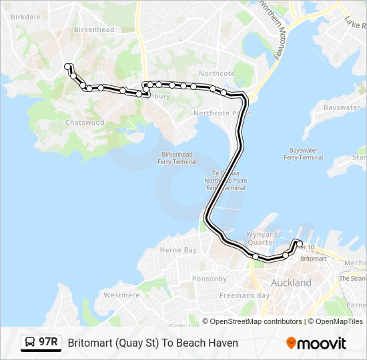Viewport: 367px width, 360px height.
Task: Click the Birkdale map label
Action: [26, 17]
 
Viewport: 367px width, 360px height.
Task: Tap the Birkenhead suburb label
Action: [94, 29]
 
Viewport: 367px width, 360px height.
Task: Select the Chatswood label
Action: [85, 123]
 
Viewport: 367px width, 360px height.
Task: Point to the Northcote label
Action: [216, 73]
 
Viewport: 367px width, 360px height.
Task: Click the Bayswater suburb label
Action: [342, 107]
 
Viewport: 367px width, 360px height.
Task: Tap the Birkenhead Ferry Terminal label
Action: [177, 157]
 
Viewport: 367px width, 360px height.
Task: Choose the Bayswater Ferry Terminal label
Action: [303, 154]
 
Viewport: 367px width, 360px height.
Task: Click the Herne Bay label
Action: [178, 250]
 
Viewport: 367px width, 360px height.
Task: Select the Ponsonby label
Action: [210, 279]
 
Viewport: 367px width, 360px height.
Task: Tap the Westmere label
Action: [121, 295]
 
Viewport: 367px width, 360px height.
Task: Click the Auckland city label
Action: [291, 283]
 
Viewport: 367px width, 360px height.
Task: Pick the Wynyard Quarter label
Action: [262, 238]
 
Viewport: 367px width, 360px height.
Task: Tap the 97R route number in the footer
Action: [48, 343]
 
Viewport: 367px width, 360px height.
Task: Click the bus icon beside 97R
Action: [30, 343]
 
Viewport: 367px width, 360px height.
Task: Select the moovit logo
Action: [316, 343]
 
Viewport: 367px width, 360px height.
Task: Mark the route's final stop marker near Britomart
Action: [300, 243]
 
